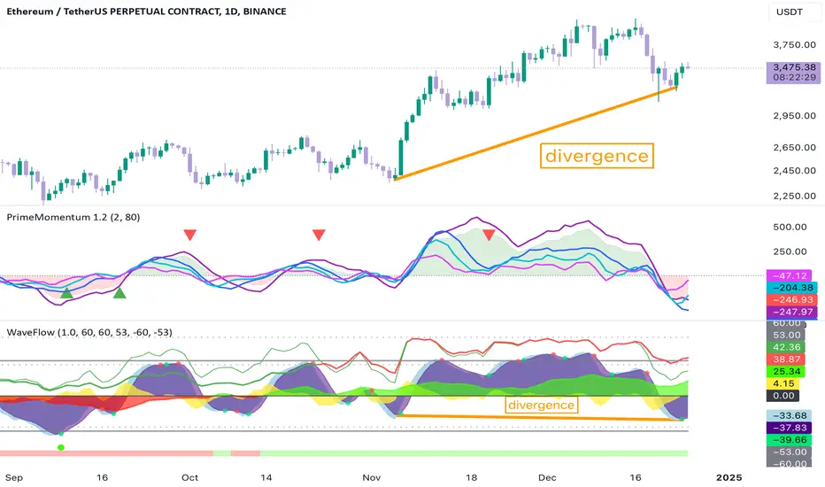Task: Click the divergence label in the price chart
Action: coord(597,156)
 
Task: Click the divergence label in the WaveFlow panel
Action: coord(541,405)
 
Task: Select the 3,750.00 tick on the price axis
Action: coord(795,45)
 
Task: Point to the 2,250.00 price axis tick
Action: coord(795,196)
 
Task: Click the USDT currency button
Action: coord(790,12)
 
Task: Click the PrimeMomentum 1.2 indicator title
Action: coord(73,217)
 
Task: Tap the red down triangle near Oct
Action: coord(190,235)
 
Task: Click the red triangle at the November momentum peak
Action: coord(489,235)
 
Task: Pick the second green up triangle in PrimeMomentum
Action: coord(120,293)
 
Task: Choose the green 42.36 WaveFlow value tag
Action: coord(785,347)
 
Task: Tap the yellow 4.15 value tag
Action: coord(785,383)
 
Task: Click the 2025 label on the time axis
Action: coord(729,477)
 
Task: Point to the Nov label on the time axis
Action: coord(372,477)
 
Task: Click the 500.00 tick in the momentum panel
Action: coord(790,227)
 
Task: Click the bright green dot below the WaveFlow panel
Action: coord(61,447)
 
